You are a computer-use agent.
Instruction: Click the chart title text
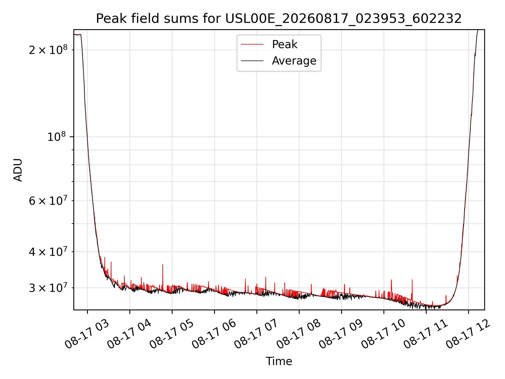click(279, 19)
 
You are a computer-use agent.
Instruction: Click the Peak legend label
click(285, 44)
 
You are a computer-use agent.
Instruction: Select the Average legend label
click(294, 61)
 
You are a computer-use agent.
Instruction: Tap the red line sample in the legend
click(252, 44)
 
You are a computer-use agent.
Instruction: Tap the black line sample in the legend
click(252, 61)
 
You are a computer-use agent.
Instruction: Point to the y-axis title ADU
click(18, 170)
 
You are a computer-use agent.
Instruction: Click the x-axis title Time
click(279, 361)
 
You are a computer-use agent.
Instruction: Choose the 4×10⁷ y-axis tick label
click(48, 251)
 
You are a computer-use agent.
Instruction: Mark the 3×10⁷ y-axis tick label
click(48, 287)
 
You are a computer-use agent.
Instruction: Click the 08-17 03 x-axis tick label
click(87, 334)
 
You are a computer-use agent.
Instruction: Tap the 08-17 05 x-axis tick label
click(172, 334)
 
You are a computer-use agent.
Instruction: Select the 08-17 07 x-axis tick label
click(256, 334)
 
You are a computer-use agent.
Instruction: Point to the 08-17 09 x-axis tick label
click(341, 334)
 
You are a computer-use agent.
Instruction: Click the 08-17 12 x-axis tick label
click(468, 334)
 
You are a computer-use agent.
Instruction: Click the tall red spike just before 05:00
click(163, 278)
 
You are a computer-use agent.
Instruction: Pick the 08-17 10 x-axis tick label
click(383, 334)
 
